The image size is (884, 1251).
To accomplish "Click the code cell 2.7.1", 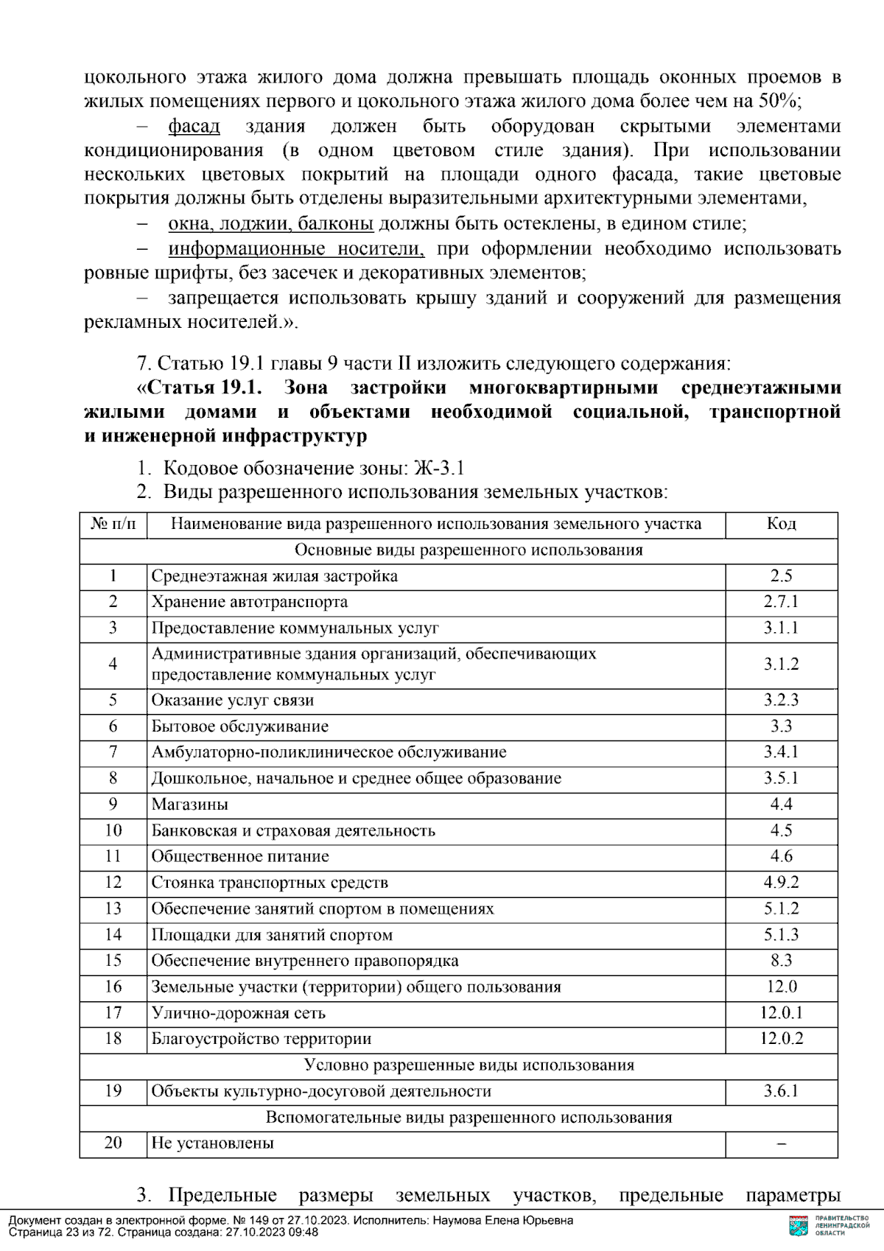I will click(x=781, y=602).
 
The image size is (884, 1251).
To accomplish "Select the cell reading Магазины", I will click(x=190, y=805).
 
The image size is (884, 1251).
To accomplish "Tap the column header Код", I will click(x=781, y=524).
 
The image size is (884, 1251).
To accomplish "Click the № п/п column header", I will click(x=113, y=524).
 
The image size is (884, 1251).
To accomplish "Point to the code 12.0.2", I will click(x=781, y=1039).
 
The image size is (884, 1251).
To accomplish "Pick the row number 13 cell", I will click(x=113, y=908).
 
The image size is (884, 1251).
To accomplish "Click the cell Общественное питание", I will click(x=240, y=856).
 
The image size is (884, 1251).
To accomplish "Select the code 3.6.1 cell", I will click(x=781, y=1091).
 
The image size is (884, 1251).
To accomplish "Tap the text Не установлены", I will click(x=212, y=1143).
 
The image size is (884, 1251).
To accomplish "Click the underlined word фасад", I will click(x=194, y=126).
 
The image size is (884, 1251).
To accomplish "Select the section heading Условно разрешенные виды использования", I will click(x=469, y=1065).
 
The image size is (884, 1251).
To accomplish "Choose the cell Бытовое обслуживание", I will click(x=240, y=726).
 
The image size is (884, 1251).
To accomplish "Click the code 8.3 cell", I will click(x=781, y=961).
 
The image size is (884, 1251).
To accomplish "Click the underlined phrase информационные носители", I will click(x=296, y=249).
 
